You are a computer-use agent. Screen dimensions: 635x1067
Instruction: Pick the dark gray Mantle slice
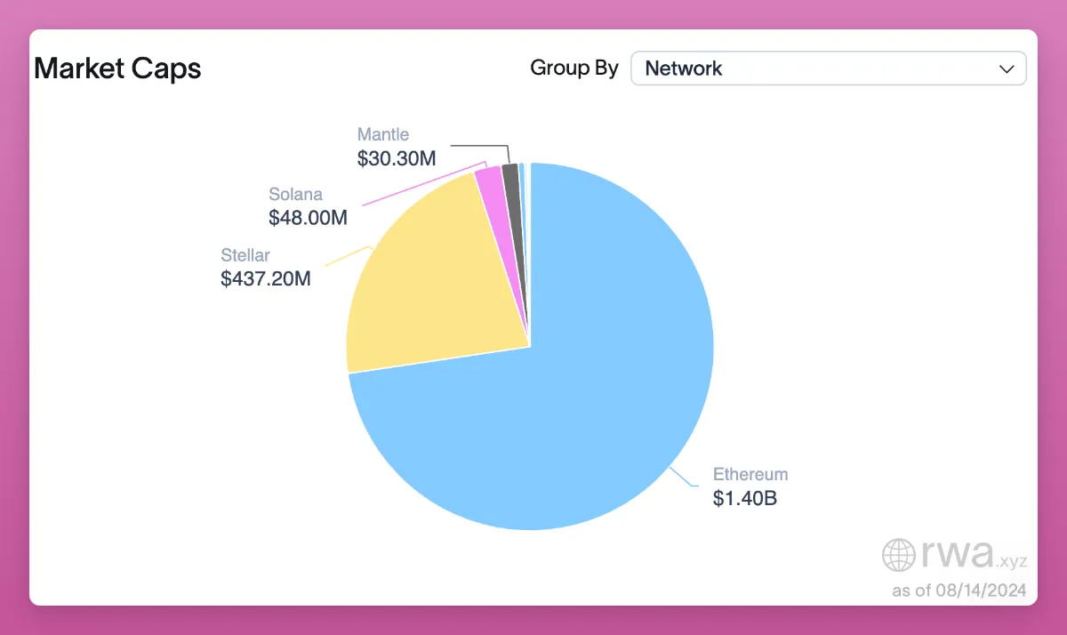point(511,178)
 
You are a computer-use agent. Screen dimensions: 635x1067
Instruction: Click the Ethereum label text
point(750,474)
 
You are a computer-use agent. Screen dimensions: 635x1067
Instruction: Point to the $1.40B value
point(744,499)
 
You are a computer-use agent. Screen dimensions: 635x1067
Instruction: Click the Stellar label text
point(245,256)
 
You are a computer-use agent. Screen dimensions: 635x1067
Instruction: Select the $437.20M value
point(266,279)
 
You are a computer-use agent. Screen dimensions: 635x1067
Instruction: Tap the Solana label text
point(295,194)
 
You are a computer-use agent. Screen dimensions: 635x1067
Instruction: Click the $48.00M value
point(308,217)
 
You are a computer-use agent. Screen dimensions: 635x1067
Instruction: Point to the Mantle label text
point(383,134)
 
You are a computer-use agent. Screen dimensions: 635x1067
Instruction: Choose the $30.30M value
point(397,158)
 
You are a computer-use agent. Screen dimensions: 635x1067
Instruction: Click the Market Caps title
point(117,68)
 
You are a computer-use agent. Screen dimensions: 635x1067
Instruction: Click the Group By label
point(574,68)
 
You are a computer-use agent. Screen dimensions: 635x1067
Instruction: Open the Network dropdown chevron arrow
point(1007,68)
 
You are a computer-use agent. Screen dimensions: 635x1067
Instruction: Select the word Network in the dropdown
point(683,68)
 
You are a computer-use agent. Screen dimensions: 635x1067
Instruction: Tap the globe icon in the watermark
point(898,555)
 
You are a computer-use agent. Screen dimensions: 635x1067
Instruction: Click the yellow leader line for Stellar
point(349,255)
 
